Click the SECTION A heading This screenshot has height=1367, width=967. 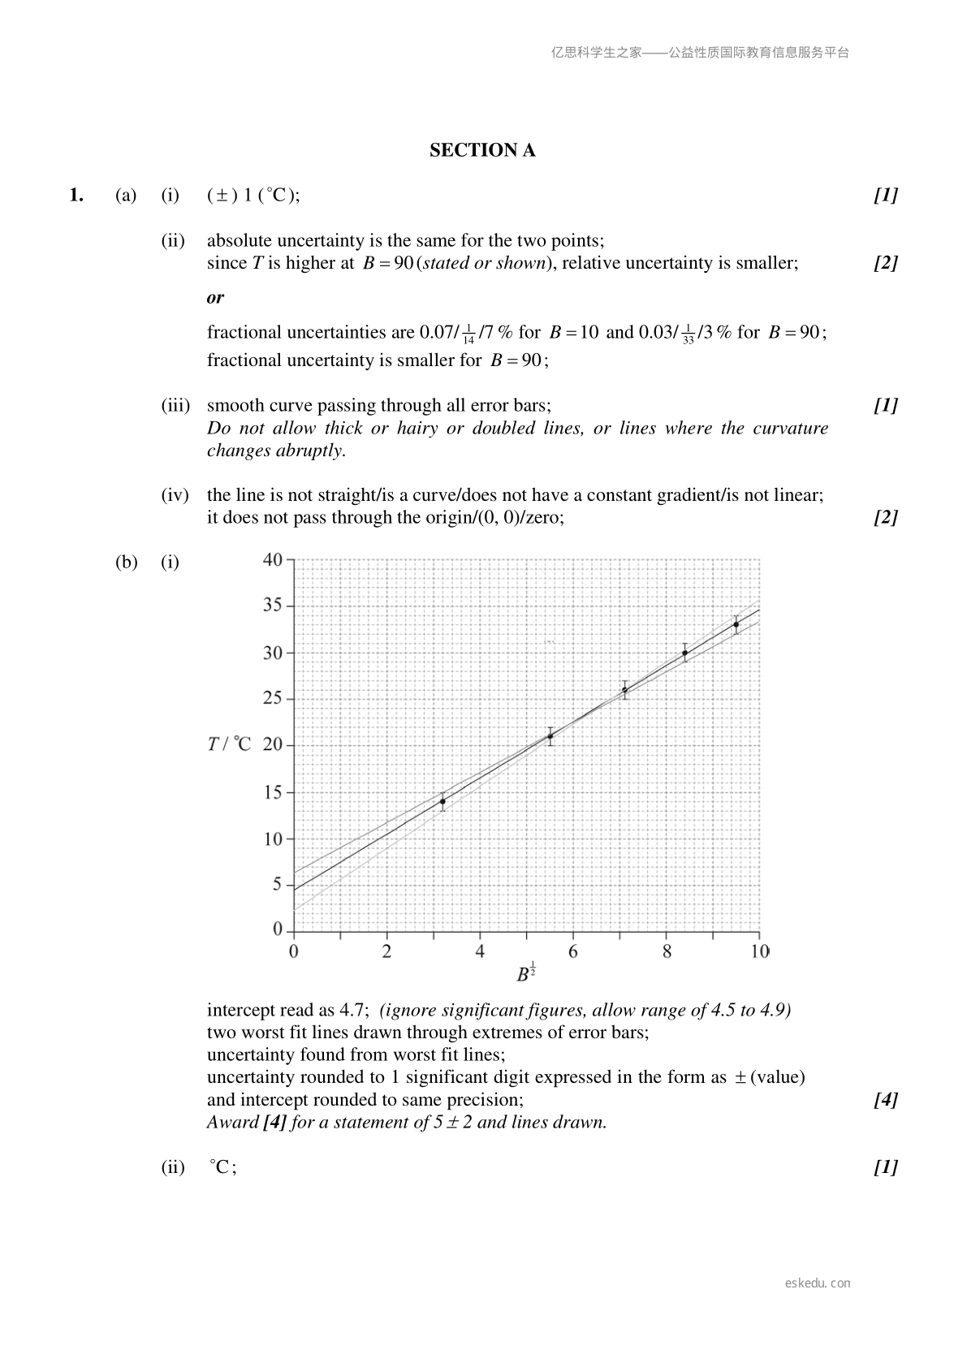[x=482, y=150]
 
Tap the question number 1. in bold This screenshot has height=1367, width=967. [x=76, y=195]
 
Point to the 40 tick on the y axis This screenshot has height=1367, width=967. [x=273, y=559]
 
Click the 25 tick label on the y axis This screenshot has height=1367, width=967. [x=273, y=698]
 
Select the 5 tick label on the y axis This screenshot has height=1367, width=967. [x=278, y=884]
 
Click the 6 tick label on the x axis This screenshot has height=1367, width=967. [x=573, y=951]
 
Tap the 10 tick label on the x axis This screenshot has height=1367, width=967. [x=759, y=951]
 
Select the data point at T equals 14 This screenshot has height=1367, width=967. [x=442, y=801]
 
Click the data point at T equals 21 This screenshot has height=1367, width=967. [x=550, y=736]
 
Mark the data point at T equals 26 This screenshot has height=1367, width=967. [x=624, y=690]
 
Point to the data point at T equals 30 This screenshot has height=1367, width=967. [x=685, y=653]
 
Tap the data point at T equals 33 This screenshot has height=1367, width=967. [x=736, y=624]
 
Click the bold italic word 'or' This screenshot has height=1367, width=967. [x=215, y=298]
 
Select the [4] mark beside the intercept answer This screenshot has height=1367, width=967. [x=886, y=1100]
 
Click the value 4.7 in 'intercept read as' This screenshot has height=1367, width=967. [x=356, y=1010]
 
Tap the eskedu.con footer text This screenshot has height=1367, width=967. [x=818, y=1283]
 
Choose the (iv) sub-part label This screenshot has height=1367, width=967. [x=175, y=495]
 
